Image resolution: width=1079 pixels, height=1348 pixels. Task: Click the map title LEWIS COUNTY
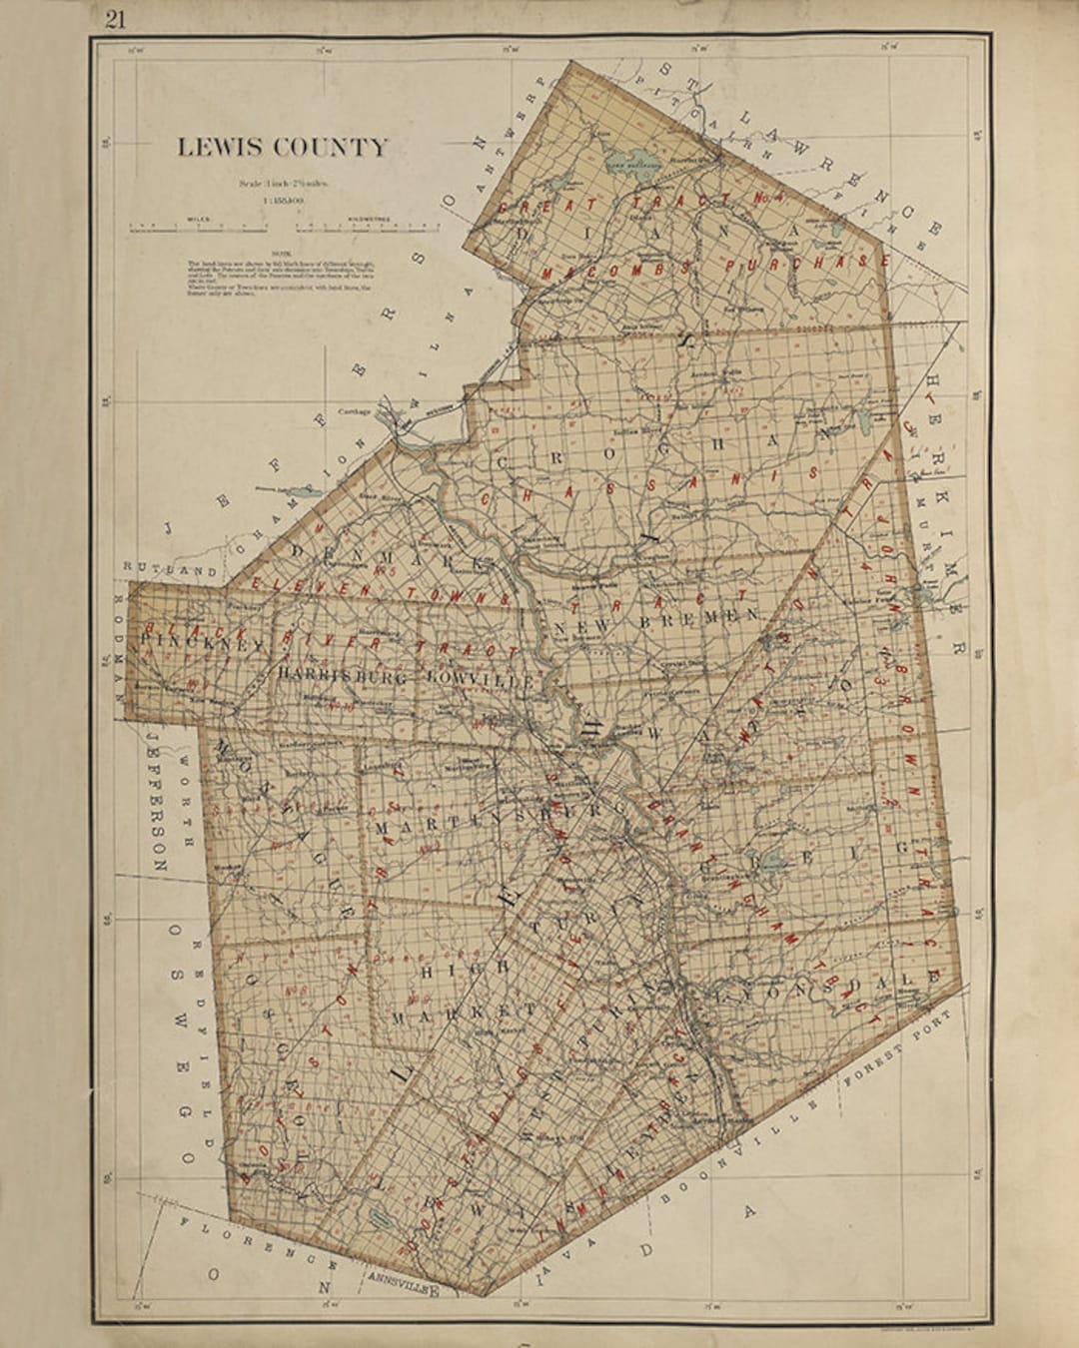click(x=282, y=147)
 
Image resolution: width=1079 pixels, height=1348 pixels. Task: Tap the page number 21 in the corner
click(x=116, y=19)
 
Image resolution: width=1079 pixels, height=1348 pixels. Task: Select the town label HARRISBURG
click(x=344, y=676)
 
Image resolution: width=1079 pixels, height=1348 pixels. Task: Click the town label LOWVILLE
click(x=476, y=678)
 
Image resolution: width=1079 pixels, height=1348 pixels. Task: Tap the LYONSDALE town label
click(x=824, y=990)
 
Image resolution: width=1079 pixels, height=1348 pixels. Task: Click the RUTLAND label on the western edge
click(x=156, y=568)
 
